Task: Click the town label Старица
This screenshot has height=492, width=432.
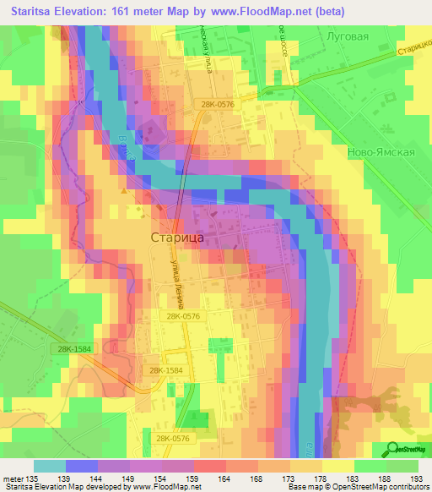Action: (x=176, y=238)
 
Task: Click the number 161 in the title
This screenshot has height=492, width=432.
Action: (x=134, y=13)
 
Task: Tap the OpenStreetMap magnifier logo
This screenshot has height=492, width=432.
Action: (x=392, y=449)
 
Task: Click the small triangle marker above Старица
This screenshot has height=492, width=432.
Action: (x=125, y=192)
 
